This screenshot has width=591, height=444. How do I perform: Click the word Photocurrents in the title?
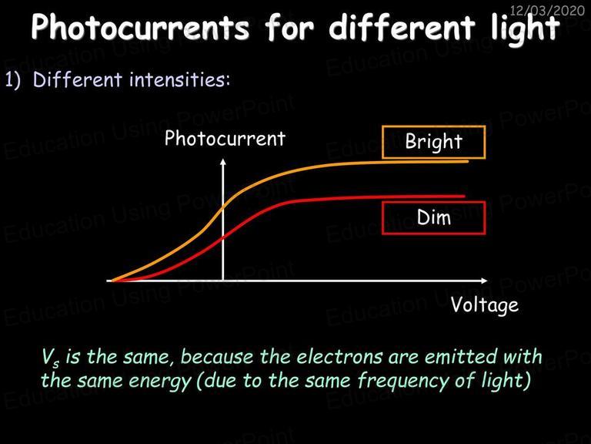(140, 27)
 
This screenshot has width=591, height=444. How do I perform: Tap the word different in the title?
(401, 26)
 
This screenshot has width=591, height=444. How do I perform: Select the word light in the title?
(525, 29)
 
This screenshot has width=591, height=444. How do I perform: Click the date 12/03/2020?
(547, 10)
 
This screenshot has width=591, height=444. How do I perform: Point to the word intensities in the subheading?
(179, 79)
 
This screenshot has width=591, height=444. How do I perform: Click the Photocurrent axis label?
(225, 139)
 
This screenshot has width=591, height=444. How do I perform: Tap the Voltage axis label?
(485, 305)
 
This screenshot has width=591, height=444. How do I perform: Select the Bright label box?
(434, 142)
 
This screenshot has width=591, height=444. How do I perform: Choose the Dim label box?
(434, 218)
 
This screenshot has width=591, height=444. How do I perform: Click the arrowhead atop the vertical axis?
(223, 162)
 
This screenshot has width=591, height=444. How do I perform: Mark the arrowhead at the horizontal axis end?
(484, 281)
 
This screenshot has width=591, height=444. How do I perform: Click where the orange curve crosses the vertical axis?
(223, 207)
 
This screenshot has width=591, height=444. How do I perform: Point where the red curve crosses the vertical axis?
(223, 237)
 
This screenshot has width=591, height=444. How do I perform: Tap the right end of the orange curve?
(468, 161)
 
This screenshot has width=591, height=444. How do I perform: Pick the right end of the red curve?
(464, 197)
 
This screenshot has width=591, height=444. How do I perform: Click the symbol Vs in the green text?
(51, 358)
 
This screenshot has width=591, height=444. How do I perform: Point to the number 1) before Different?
(13, 79)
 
